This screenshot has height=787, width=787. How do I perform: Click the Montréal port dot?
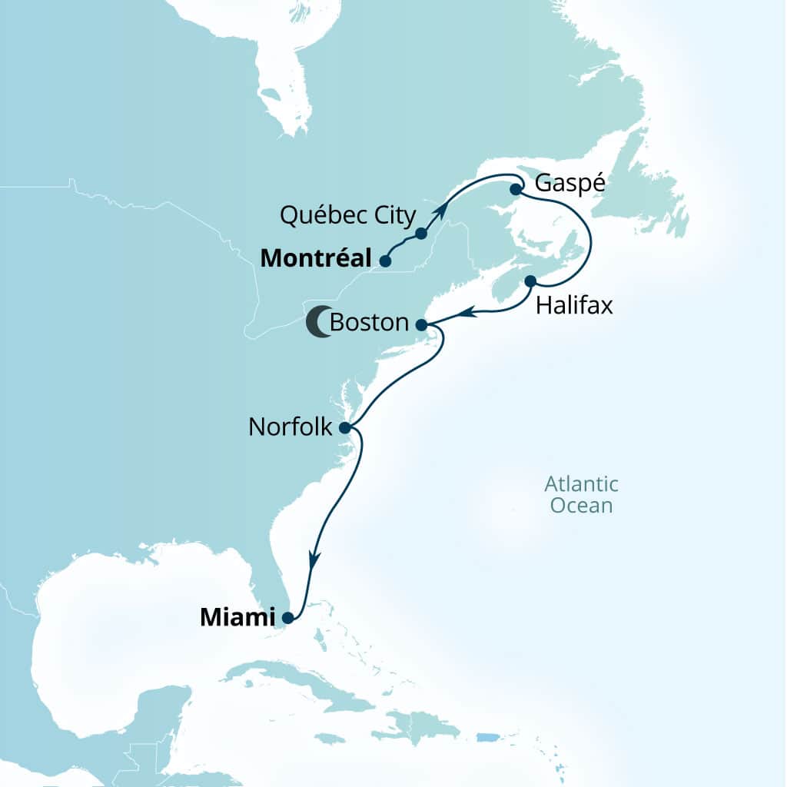point(384,261)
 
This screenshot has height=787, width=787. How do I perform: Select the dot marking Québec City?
point(421,233)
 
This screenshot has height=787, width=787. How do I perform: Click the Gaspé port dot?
point(516,188)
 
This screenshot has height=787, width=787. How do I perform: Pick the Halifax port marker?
point(530,281)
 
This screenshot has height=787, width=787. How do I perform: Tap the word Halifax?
point(574,306)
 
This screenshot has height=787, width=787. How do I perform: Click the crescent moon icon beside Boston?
point(317,323)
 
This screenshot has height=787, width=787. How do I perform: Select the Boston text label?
point(368,323)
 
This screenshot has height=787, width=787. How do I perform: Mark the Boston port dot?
point(421,325)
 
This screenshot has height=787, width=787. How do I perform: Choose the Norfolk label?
point(290,427)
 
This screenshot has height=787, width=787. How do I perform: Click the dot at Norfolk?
point(345,427)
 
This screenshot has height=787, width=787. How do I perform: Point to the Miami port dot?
point(287,616)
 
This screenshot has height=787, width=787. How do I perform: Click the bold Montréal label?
point(316,259)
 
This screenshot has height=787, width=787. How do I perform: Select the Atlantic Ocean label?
point(581,495)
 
